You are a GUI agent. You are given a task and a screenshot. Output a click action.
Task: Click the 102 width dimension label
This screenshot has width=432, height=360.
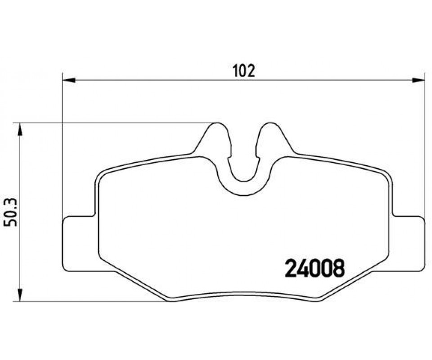(244, 71)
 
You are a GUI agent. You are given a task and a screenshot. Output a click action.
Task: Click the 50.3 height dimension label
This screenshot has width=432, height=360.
(10, 212)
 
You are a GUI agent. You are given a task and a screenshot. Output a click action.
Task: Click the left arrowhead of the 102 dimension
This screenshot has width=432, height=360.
(69, 80)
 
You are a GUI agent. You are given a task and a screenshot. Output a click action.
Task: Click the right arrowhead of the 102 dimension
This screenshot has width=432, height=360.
(418, 80)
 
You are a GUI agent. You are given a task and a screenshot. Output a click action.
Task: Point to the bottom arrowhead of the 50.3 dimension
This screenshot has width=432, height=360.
(19, 295)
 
